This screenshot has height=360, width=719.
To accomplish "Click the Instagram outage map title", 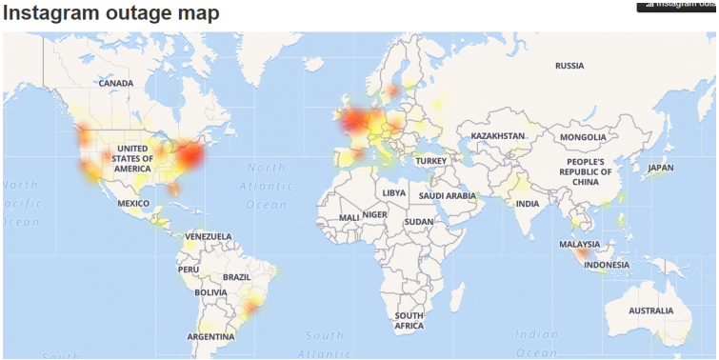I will pos(110,13).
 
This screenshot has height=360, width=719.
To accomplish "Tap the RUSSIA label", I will pos(569,66).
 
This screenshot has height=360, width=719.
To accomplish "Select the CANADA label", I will pos(116,84).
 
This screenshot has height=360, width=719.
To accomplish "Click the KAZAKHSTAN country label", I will pos(498,136).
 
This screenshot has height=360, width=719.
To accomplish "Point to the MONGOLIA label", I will pos(583,137).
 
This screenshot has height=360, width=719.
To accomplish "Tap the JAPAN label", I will pos(660,168).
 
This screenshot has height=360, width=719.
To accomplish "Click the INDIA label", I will pos(528,204).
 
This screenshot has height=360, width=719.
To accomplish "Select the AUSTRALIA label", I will pos(650,310).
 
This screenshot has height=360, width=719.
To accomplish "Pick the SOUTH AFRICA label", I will pos(409,321).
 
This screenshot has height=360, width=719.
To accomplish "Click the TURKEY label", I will pos(430,161).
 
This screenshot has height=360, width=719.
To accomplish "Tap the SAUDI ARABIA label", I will pos(447,195).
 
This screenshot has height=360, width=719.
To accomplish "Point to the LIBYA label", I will pos(393,192).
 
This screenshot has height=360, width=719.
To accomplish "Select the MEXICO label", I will pos(133,204).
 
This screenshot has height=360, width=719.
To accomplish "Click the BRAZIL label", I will pos(236,277).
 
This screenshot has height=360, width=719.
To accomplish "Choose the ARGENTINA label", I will pos(210,336).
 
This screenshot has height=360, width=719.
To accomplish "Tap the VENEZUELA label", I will pos(208,236).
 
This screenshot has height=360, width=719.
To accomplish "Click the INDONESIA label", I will pos(606,265).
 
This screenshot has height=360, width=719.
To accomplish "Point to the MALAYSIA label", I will pos(579,245).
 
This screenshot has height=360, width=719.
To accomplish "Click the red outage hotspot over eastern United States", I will pos(190,155).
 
